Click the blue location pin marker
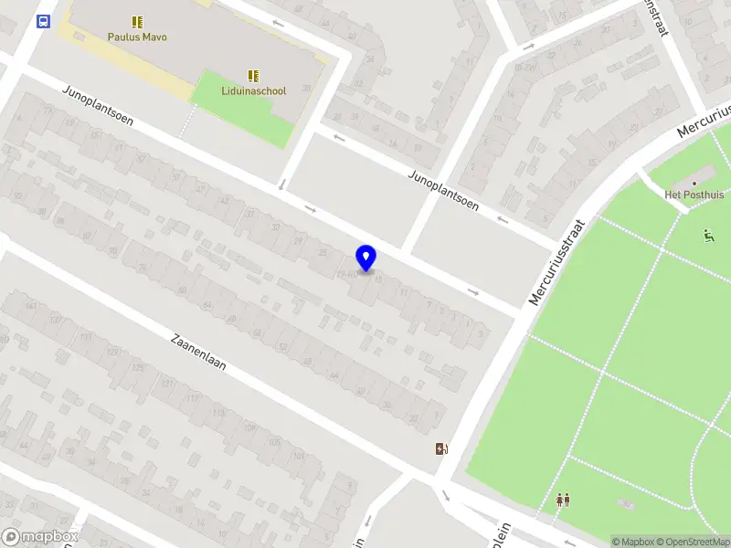(366, 258)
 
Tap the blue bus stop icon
(43, 21)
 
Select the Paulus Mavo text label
(138, 37)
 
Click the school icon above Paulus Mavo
(138, 21)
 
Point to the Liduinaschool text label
(254, 90)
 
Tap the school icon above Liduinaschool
(253, 76)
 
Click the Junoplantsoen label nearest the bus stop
(99, 106)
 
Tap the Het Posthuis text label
(694, 195)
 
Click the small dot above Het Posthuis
(694, 183)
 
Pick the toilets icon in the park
(563, 500)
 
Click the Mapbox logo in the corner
(39, 537)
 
